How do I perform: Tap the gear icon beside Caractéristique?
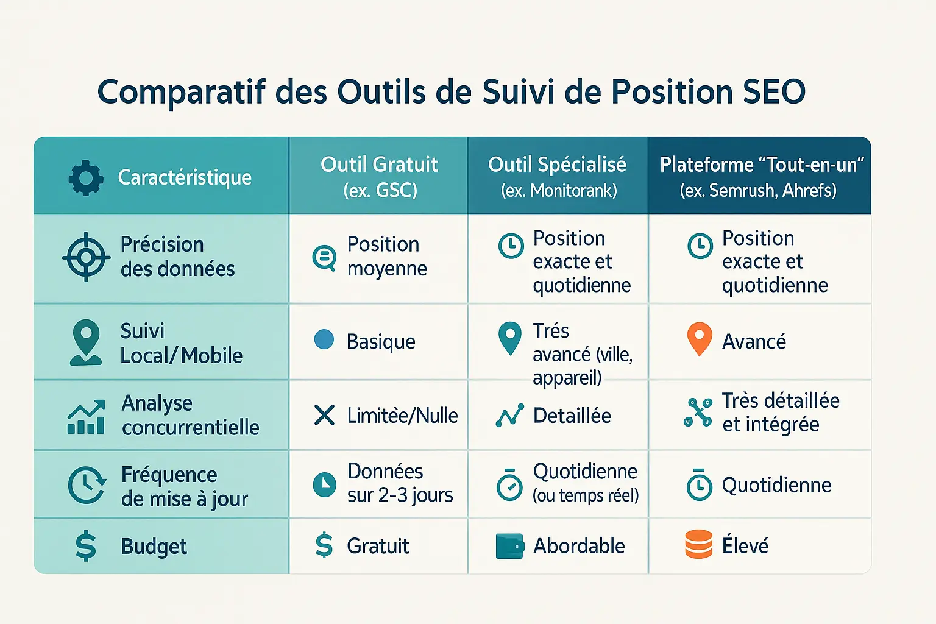[86, 177]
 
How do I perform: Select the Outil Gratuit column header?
[380, 177]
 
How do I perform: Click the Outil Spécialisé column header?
[558, 177]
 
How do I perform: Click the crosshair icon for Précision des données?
[86, 257]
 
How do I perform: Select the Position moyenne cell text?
[387, 256]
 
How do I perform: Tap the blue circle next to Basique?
[324, 339]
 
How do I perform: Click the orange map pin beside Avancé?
[700, 339]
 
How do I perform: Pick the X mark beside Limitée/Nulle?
[324, 415]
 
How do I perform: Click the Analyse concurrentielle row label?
[190, 415]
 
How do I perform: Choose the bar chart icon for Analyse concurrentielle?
[86, 417]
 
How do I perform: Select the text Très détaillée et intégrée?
[781, 412]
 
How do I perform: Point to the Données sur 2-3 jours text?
[400, 483]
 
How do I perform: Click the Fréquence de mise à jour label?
[184, 486]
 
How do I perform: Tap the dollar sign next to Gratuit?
[324, 545]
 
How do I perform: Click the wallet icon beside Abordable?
[510, 546]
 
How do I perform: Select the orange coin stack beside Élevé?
[699, 544]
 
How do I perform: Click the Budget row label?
[154, 546]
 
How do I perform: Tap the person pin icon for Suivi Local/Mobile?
[86, 342]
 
